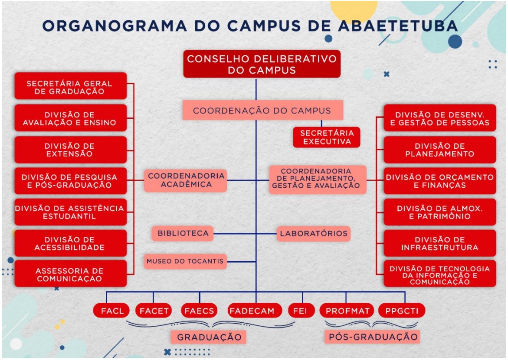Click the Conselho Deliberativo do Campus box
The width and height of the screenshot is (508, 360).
262,64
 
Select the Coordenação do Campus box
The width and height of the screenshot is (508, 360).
263,110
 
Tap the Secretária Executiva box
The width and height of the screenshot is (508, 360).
327,137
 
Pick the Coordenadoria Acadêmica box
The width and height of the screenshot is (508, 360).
186,180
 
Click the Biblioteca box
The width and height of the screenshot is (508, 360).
183,233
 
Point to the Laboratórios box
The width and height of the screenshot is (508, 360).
314,233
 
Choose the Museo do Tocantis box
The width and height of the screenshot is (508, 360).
185,261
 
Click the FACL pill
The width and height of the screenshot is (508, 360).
112,311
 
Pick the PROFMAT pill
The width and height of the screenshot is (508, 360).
346,311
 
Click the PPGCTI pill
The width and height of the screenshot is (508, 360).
402,311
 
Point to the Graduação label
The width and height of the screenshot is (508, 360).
209,337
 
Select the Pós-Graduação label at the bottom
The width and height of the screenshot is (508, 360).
373,337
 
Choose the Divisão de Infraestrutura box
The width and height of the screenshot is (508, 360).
440,243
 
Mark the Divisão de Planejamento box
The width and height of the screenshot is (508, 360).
440,150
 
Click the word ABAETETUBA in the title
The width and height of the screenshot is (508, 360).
398,26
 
